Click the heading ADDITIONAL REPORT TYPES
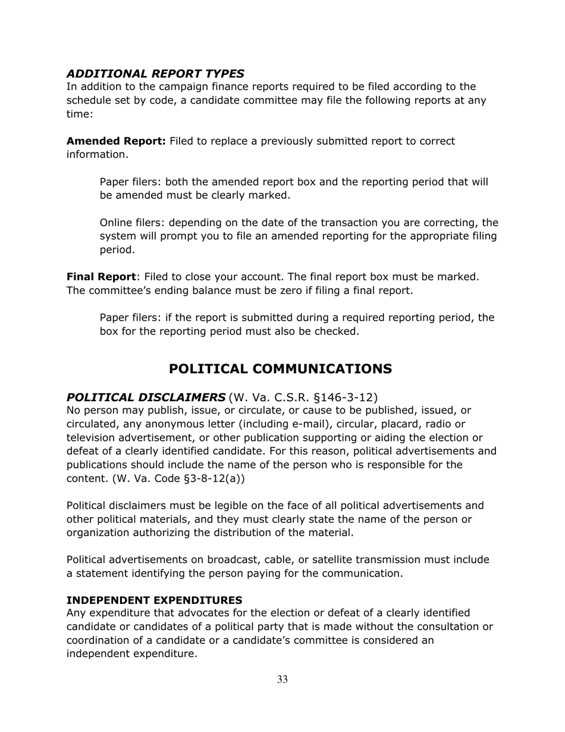(155, 74)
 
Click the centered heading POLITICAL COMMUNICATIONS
(280, 369)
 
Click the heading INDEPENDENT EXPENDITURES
(154, 599)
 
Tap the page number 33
(282, 680)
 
